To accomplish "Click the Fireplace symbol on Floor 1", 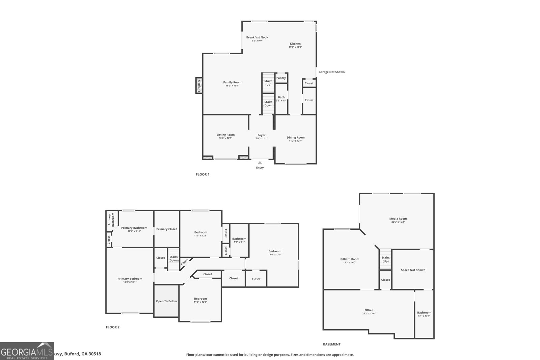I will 199,85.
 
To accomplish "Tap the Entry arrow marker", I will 260,163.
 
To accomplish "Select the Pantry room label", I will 281,78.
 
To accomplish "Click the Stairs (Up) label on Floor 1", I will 268,83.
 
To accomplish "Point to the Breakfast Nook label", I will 257,37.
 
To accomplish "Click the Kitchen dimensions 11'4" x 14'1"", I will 295,47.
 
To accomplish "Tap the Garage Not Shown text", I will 331,72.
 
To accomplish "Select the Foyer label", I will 261,135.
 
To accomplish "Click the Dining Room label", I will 296,137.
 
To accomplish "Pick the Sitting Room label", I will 225,135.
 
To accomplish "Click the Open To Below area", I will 166,301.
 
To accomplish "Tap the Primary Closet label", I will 166,229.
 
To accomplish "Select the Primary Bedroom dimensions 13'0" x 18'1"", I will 130,282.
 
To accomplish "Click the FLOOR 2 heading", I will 113,327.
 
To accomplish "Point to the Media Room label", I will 398,219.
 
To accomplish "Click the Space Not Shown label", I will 413,270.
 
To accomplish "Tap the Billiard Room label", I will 350,259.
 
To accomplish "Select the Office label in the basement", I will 369,310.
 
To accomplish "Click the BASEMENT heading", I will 331,344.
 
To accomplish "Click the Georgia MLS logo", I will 27,351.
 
